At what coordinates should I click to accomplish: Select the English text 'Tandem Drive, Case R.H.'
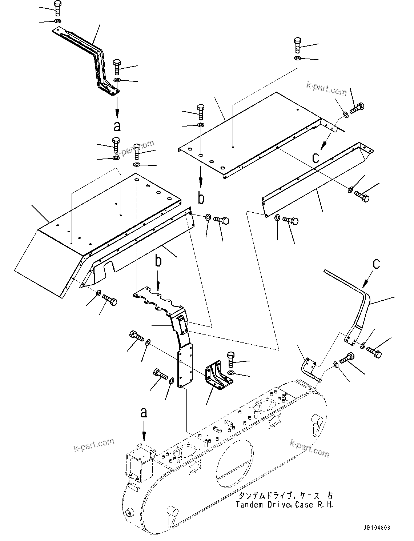(x=284, y=505)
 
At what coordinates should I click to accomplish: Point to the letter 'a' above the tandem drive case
(x=144, y=413)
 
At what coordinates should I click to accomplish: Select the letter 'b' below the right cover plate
(x=201, y=198)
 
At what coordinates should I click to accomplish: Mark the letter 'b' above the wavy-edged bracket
(x=158, y=260)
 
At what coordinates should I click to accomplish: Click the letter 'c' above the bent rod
(x=376, y=264)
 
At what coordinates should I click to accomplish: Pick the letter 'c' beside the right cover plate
(x=316, y=157)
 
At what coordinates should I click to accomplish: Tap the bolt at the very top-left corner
(x=57, y=8)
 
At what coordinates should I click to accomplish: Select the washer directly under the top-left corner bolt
(x=57, y=21)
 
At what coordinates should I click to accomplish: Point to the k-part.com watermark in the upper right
(x=326, y=88)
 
